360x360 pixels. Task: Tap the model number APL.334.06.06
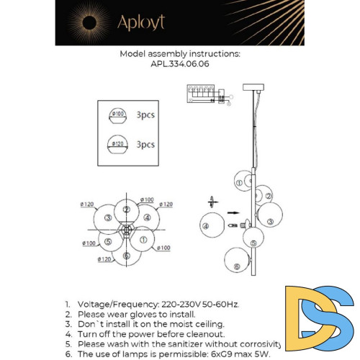click(x=180, y=63)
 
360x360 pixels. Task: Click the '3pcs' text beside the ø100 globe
click(x=145, y=114)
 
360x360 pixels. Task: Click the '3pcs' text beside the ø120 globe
click(x=145, y=144)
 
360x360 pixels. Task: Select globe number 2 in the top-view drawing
click(x=127, y=210)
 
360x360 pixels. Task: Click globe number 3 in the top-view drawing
click(x=108, y=218)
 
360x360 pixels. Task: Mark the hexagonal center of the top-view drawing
click(x=127, y=231)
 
